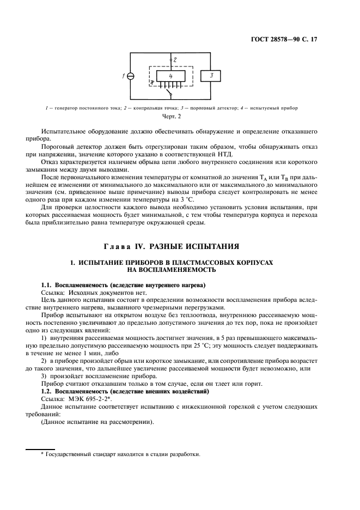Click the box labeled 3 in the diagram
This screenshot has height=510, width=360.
tap(211, 76)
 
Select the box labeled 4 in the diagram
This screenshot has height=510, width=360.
tap(170, 77)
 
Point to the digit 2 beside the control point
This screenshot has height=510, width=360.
tap(175, 59)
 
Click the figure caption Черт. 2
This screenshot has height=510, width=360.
tap(172, 116)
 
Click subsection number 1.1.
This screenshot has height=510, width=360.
tap(48, 286)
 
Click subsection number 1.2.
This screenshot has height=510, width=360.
tap(48, 392)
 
